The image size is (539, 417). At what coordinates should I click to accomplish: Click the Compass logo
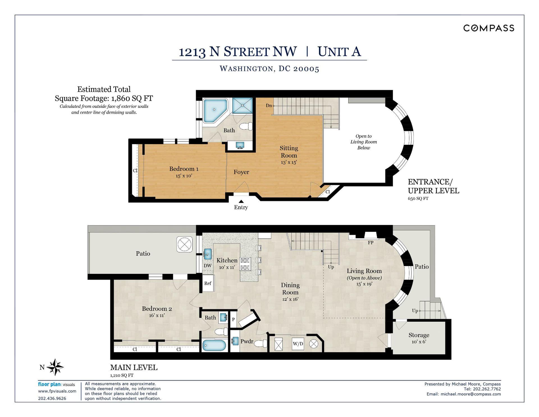[488, 28]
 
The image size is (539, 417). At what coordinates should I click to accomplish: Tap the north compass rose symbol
[55, 367]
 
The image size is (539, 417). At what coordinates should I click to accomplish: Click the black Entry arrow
[241, 201]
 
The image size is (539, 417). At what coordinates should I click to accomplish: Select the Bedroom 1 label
[184, 169]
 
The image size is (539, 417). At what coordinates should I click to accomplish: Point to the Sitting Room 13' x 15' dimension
[289, 162]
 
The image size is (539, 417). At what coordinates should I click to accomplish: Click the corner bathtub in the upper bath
[215, 110]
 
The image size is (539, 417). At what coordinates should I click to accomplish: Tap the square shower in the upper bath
[243, 106]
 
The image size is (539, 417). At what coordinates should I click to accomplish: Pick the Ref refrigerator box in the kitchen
[208, 283]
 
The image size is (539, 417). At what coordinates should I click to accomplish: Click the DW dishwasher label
[207, 265]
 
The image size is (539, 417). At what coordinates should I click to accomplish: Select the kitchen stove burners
[245, 264]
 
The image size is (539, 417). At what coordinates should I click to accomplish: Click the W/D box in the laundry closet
[298, 344]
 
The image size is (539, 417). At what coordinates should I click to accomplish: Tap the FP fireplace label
[371, 243]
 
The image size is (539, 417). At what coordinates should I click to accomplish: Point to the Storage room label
[419, 335]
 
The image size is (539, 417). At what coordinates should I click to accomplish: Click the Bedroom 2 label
[157, 308]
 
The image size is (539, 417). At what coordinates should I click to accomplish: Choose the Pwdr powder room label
[247, 341]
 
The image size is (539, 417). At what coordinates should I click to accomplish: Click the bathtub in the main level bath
[214, 345]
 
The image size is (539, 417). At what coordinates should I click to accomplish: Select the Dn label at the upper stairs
[269, 105]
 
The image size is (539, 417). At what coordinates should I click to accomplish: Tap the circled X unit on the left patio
[185, 244]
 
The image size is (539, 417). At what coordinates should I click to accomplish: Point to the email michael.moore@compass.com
[471, 394]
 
